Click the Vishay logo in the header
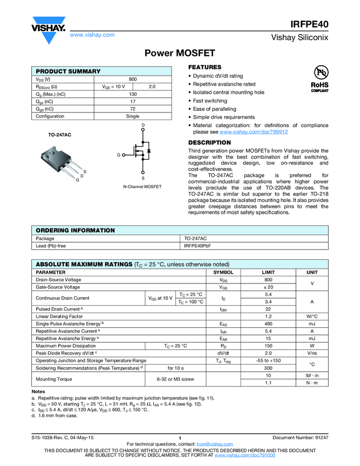click(48, 27)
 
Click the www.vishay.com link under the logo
click(92, 35)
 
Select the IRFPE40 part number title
click(310, 24)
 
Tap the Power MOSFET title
click(180, 53)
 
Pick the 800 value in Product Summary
click(133, 79)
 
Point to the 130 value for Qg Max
click(133, 94)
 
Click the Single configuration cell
click(133, 116)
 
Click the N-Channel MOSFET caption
click(142, 187)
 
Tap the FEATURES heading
click(205, 67)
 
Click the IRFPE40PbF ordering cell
click(198, 246)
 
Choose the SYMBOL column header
click(223, 272)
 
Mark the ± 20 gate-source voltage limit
click(268, 287)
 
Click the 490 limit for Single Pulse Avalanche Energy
click(268, 324)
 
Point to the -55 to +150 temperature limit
click(268, 360)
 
